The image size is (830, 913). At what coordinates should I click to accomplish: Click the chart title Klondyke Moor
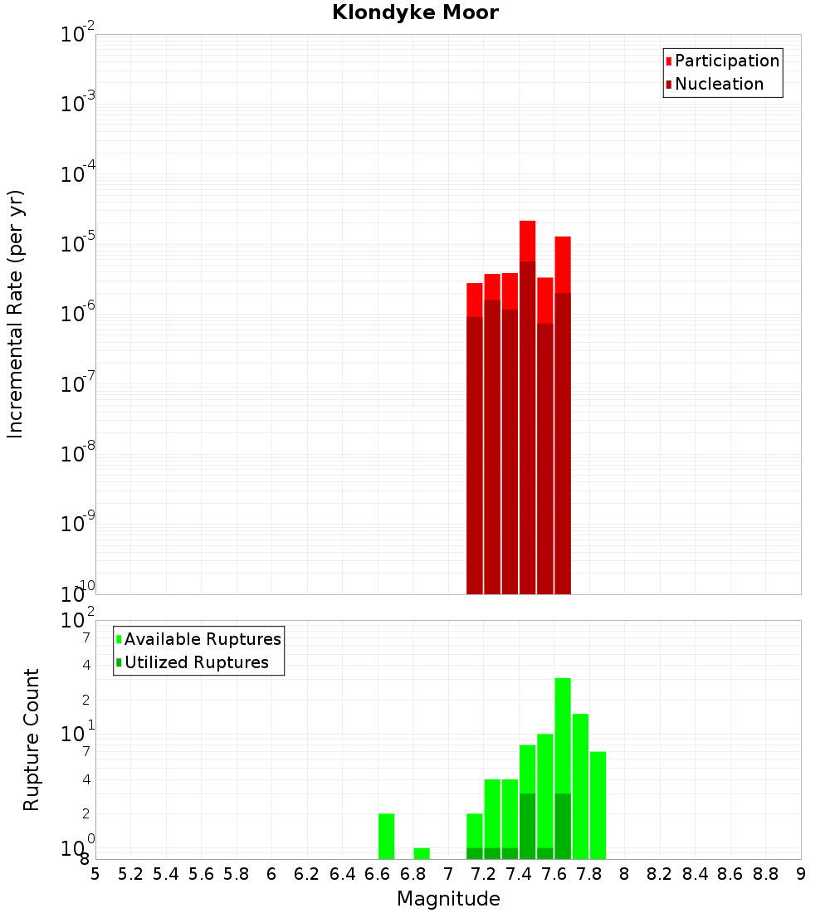415,13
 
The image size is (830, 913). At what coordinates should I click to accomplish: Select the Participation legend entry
726,61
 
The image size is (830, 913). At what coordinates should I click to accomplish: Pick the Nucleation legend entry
719,84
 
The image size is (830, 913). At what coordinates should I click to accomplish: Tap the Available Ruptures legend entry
203,639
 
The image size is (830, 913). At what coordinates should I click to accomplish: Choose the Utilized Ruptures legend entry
196,662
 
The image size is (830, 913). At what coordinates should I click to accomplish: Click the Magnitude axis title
448,899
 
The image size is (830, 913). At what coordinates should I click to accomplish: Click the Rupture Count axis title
32,740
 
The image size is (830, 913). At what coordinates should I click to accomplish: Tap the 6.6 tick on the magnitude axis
378,874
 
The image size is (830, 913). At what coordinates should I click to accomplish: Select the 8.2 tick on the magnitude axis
660,874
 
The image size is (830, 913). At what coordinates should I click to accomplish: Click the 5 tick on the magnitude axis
95,874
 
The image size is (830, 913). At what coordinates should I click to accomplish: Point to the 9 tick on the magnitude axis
801,874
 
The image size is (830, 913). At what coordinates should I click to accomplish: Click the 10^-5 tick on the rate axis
78,245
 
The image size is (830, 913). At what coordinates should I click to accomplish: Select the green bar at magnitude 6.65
386,836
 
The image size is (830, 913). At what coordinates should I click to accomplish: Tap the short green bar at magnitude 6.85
422,853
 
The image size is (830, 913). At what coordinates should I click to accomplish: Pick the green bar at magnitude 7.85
598,805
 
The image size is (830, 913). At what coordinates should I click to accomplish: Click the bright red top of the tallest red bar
527,241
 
